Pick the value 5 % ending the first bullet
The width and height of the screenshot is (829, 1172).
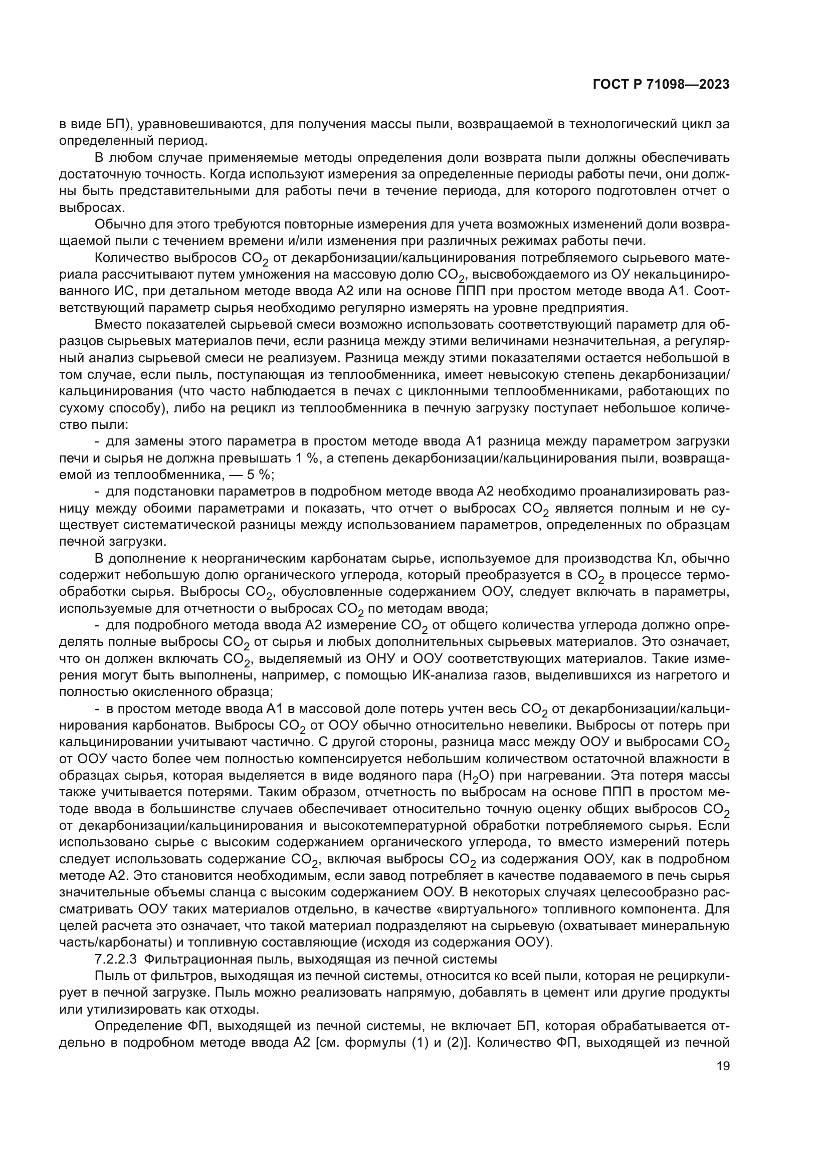pyautogui.click(x=260, y=475)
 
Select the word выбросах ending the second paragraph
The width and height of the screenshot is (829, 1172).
pyautogui.click(x=85, y=207)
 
